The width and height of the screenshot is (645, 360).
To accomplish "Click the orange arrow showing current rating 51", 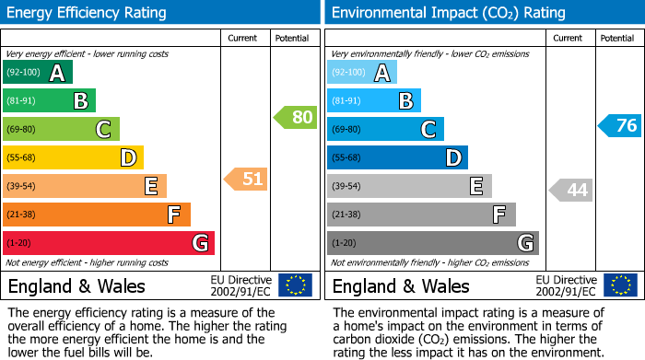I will pos(246,180).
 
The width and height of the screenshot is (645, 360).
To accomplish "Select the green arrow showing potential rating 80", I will pos(295,118).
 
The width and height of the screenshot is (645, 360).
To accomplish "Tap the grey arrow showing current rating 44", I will pos(570,190).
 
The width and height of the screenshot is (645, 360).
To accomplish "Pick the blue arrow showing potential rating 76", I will pos(619,126).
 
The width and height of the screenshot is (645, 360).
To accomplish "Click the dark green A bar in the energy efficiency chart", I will pos(38,73).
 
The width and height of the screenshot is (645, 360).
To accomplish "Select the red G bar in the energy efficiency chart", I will pos(109,243).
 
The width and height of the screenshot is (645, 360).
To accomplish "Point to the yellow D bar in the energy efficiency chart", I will pos(73,158).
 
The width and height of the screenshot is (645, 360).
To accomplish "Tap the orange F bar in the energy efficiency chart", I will pos(97,215).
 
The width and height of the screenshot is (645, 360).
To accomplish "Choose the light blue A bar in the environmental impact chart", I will pos(362,73).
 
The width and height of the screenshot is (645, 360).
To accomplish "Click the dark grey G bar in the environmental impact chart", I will pos(433,243).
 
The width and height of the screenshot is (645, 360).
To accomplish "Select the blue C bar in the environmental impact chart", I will pos(385,130).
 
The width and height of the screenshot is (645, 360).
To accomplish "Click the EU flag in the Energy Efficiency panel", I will pos(295,285).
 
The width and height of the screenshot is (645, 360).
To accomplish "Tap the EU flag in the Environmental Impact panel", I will pos(619,285).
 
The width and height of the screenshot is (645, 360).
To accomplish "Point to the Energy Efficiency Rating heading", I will pos(88,13).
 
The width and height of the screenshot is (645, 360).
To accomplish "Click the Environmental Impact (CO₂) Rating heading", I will pos(448,13).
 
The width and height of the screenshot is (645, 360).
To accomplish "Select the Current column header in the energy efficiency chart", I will pos(242,39).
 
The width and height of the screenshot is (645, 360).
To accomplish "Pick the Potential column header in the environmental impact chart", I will pos(616,39).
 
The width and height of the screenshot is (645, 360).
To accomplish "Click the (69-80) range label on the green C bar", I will pos(22,130).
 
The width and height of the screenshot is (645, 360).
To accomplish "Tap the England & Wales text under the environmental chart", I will pos(401,285).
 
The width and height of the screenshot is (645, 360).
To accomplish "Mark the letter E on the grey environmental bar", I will pos(475,187).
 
